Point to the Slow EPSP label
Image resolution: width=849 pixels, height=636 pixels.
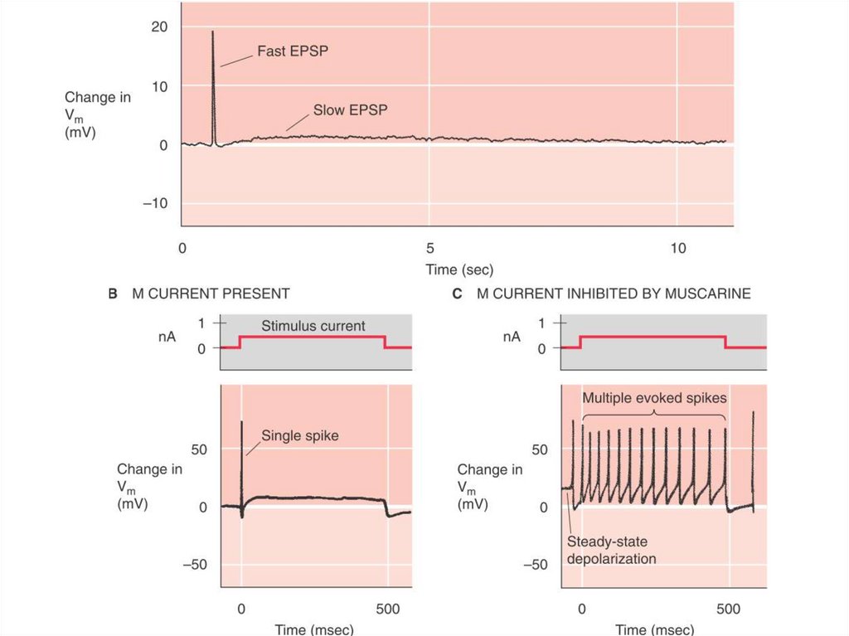351,109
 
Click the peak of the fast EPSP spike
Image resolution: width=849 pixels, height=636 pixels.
212,32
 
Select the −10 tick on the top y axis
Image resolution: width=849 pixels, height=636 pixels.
155,204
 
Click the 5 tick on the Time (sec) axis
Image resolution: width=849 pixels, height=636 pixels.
429,249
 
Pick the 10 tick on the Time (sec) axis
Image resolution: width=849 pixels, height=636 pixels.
678,249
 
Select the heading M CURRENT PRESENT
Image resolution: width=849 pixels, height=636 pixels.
211,294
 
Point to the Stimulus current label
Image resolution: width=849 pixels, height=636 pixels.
313,325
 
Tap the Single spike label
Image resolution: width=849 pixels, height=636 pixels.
300,435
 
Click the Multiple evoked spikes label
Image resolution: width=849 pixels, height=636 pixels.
655,397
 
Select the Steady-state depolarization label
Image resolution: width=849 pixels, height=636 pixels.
612,551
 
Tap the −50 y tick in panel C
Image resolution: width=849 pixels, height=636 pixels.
539,565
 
